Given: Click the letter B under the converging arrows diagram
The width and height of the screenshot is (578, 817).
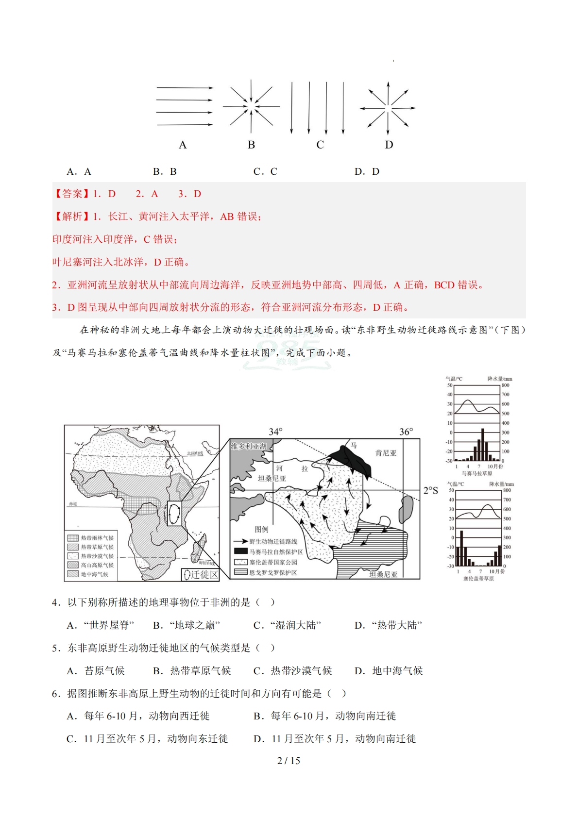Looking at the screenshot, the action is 251,145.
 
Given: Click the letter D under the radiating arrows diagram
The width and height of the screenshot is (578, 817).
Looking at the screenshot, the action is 389,145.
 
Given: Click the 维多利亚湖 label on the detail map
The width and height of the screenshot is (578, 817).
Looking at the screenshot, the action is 249,446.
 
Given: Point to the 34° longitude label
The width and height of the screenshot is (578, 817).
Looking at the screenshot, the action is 275,432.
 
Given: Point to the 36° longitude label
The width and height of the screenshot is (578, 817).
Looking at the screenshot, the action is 406,432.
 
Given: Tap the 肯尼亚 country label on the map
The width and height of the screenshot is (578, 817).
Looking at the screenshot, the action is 386,453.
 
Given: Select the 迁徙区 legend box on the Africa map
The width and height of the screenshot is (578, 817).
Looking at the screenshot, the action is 201,575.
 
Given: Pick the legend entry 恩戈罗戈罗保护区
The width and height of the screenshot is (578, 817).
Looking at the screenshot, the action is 272,573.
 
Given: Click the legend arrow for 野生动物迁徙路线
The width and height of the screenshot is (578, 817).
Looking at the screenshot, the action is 241,541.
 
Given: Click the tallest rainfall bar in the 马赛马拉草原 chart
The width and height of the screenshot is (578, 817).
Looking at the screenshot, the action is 483,444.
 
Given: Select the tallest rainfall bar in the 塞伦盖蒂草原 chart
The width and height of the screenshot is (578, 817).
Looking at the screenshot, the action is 461,548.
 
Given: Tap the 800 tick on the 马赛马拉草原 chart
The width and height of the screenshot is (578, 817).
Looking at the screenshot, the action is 506,385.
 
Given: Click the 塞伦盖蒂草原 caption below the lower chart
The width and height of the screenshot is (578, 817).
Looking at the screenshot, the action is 478,579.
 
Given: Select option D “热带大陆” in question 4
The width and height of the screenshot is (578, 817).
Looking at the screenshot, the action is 389,625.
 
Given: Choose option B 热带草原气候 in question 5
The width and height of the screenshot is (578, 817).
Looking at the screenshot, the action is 192,671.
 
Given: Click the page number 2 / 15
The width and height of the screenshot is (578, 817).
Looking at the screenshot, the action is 289,761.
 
